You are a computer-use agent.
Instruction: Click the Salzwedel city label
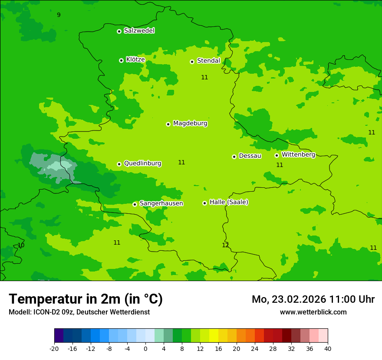coord(139,31)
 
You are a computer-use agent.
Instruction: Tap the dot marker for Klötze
coord(121,60)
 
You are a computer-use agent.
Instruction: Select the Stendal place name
coord(208,61)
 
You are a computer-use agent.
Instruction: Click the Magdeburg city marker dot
coord(168,124)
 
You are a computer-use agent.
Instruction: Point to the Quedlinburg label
coord(142,164)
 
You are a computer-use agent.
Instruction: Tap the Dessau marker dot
coord(234,157)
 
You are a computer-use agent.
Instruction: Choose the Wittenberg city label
coord(298,154)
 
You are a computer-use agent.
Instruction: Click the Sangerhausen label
coord(161,203)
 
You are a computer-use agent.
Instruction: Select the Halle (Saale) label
coord(229,202)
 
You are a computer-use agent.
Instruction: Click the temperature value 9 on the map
coord(59,15)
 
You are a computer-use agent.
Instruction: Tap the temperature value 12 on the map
coord(225,245)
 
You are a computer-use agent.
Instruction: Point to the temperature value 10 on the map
coord(21,245)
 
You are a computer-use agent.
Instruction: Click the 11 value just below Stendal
coord(204,78)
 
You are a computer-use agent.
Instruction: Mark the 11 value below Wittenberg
coord(280,165)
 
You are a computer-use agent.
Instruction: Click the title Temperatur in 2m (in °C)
coord(86,299)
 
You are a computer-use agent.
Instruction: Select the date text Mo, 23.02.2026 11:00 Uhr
coord(313,299)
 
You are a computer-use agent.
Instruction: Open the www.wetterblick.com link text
coord(313,312)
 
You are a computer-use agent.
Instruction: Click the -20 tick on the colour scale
coord(54,348)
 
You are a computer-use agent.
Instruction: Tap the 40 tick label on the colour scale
coord(327,348)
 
